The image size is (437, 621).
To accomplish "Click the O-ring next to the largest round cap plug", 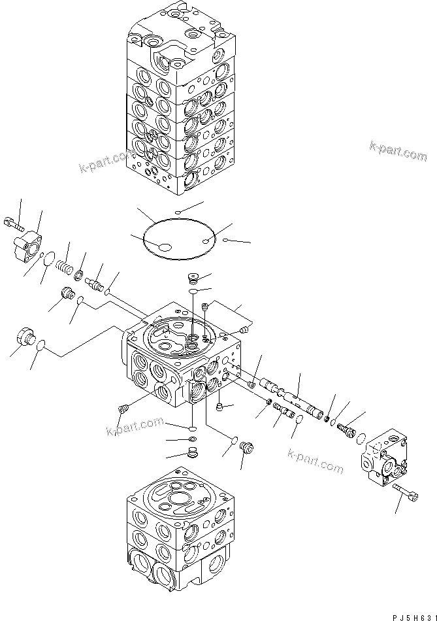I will click(40, 346).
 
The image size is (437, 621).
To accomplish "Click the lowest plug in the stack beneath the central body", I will click(192, 452).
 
